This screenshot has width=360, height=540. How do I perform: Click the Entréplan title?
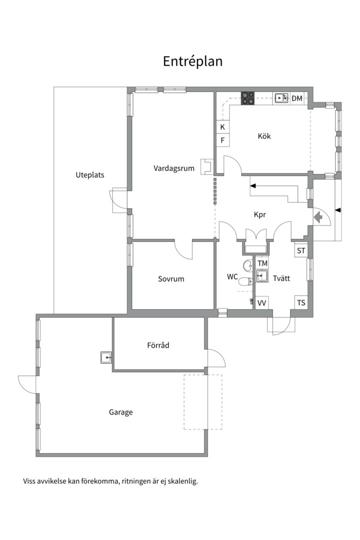(192, 61)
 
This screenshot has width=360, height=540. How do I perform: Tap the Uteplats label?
(90, 175)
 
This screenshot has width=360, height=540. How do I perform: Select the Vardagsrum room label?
(174, 168)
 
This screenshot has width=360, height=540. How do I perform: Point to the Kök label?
(264, 136)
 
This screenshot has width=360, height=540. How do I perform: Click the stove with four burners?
(247, 98)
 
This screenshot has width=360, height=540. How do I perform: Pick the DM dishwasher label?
(296, 98)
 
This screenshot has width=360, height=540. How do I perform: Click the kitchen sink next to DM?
(281, 98)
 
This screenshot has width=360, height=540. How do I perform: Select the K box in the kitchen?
(222, 126)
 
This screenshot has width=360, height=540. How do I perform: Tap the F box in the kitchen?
(222, 140)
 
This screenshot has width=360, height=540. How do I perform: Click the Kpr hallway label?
(260, 214)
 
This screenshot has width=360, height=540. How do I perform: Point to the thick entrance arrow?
(318, 217)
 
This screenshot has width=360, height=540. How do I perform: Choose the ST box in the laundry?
(300, 250)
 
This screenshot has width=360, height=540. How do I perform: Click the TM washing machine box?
(262, 263)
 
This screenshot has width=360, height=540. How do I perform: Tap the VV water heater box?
(262, 303)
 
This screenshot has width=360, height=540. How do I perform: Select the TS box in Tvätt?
(300, 302)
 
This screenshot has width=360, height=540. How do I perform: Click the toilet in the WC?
(246, 282)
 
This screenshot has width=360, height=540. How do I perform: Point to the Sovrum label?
(171, 279)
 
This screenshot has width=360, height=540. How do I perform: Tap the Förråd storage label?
(158, 345)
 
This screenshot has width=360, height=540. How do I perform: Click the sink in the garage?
(106, 358)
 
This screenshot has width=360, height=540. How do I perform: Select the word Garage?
(120, 412)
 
